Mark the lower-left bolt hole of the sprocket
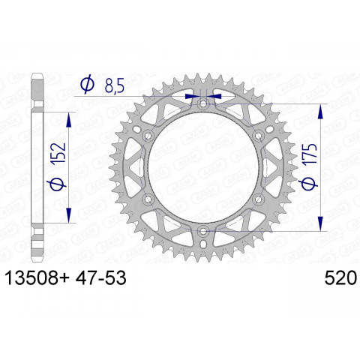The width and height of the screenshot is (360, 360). pyautogui.click(x=148, y=199)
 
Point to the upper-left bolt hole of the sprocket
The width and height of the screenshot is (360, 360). pyautogui.click(x=148, y=135)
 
